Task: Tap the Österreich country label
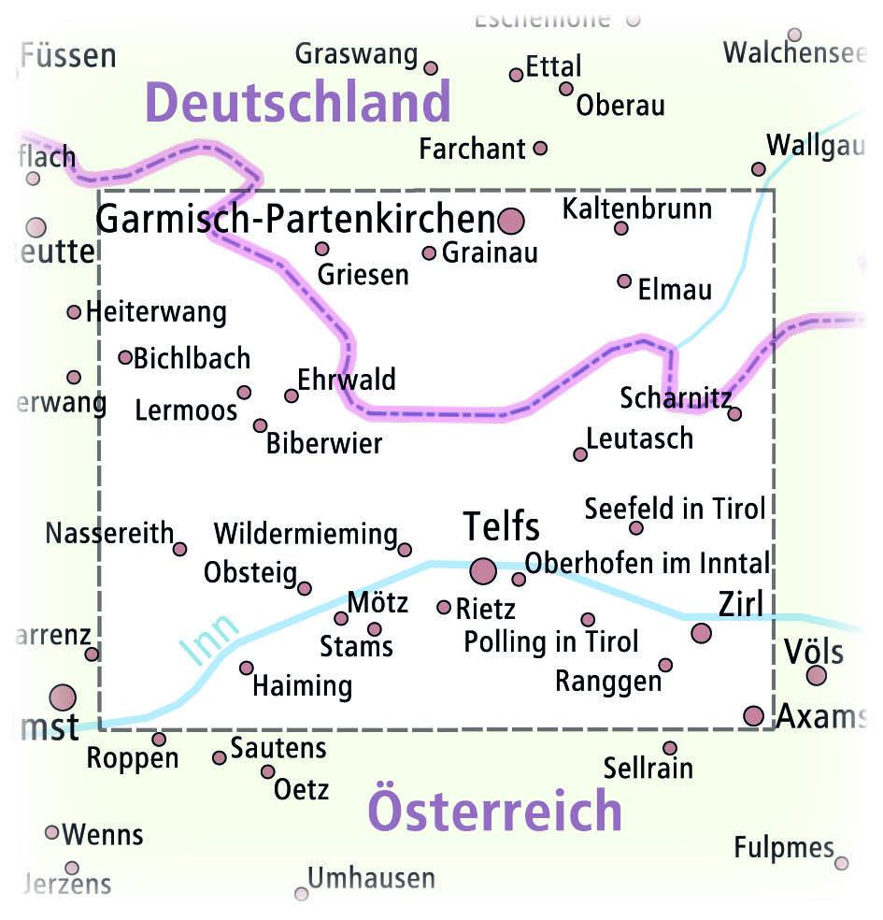(x=495, y=810)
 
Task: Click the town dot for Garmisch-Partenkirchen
(x=511, y=222)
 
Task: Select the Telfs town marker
(x=483, y=569)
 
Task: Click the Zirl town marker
(x=701, y=634)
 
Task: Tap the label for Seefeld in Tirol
(x=675, y=509)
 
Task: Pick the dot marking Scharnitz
(x=734, y=413)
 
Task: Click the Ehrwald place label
(x=347, y=380)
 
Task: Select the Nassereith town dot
(x=179, y=549)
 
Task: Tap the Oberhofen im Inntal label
(x=648, y=563)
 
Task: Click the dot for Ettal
(x=516, y=75)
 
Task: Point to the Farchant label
(x=472, y=149)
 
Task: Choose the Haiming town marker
(x=247, y=668)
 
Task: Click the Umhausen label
(x=371, y=879)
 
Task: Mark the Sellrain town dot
(x=670, y=748)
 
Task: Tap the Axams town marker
(x=753, y=716)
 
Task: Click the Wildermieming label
(x=306, y=534)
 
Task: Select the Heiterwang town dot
(x=74, y=311)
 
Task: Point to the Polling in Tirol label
(x=551, y=641)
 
